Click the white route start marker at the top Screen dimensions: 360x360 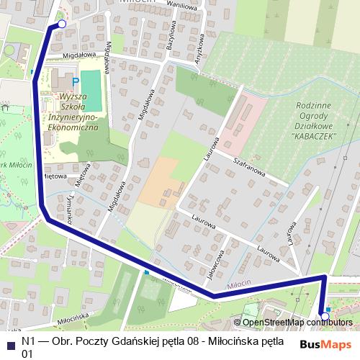pos(61,24)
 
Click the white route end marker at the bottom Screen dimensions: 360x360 pos(325,315)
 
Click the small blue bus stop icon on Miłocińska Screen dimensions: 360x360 pos(146,273)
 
